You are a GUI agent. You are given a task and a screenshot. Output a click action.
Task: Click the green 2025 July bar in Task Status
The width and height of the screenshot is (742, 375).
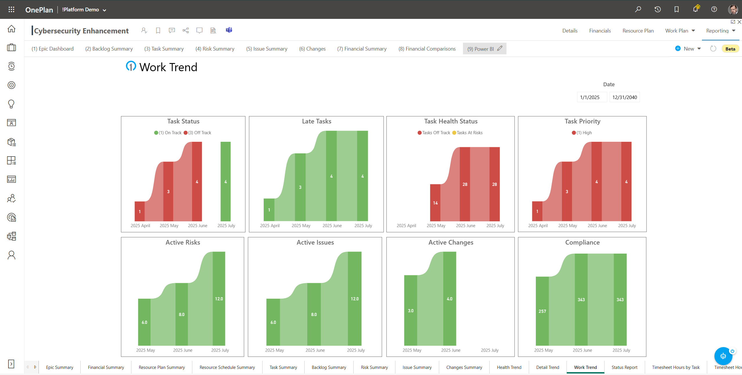(x=225, y=181)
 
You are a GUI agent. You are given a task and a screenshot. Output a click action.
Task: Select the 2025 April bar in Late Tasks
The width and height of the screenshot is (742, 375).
(x=269, y=210)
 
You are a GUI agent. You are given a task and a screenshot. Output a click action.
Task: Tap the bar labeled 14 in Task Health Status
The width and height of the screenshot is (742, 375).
(x=435, y=203)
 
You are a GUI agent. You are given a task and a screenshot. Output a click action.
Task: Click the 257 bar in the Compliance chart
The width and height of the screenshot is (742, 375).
(x=542, y=311)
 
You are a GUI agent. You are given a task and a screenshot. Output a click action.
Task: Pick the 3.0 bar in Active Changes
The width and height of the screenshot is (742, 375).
(x=410, y=310)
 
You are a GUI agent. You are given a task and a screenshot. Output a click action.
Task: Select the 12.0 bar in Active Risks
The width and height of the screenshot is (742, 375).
(x=219, y=299)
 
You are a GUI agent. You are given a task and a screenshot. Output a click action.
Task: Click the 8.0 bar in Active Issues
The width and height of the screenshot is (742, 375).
(x=314, y=314)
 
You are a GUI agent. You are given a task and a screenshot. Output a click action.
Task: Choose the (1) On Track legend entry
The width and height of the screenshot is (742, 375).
(x=168, y=133)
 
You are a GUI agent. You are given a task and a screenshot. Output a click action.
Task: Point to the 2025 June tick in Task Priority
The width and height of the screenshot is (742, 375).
(x=597, y=226)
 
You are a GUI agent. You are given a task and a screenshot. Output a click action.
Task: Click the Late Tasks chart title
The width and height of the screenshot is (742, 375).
(x=316, y=121)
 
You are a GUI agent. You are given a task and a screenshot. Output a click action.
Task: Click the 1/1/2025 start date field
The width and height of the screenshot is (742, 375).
(x=592, y=97)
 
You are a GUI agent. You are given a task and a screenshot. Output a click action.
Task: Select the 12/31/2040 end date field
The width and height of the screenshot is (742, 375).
(x=625, y=97)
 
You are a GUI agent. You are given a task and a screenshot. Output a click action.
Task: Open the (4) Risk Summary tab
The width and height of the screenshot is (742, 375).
(x=215, y=49)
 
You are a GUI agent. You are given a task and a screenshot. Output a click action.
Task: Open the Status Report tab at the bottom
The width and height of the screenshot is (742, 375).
(x=624, y=367)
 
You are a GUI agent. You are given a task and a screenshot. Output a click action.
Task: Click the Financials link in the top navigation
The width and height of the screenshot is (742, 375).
(x=600, y=31)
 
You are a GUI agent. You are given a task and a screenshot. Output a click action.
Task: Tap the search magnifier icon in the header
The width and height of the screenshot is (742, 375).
(x=638, y=9)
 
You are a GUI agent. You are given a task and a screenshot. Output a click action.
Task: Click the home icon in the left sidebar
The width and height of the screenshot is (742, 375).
(x=11, y=28)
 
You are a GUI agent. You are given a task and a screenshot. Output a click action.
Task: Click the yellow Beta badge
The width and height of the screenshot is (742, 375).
(x=730, y=49)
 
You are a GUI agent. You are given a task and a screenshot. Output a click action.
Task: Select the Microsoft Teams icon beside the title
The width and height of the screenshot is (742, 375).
(x=229, y=30)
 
